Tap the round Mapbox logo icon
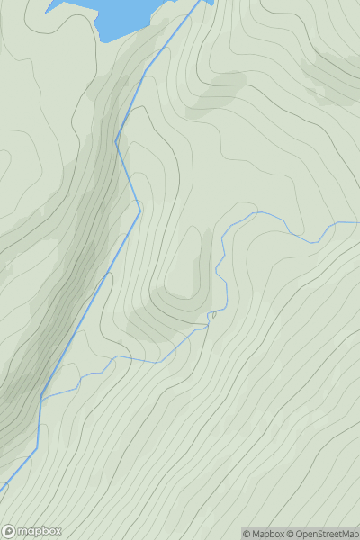click(8, 531)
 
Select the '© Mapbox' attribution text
click(264, 534)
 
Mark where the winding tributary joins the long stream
click(42, 396)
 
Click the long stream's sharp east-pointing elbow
click(140, 211)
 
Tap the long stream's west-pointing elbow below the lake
click(116, 140)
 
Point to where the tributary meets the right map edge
click(359, 221)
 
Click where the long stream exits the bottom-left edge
click(1, 490)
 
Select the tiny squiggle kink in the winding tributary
click(213, 314)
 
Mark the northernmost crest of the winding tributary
click(256, 212)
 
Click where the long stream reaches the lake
click(200, 2)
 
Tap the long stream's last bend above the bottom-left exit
click(37, 450)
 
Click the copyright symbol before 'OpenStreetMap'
click(291, 534)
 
